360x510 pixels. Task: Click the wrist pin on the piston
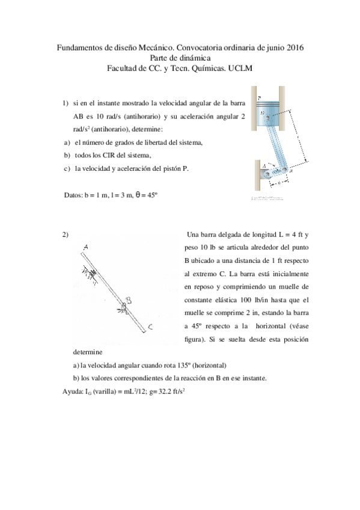pos(262,112)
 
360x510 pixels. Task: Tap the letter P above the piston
pos(258,97)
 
